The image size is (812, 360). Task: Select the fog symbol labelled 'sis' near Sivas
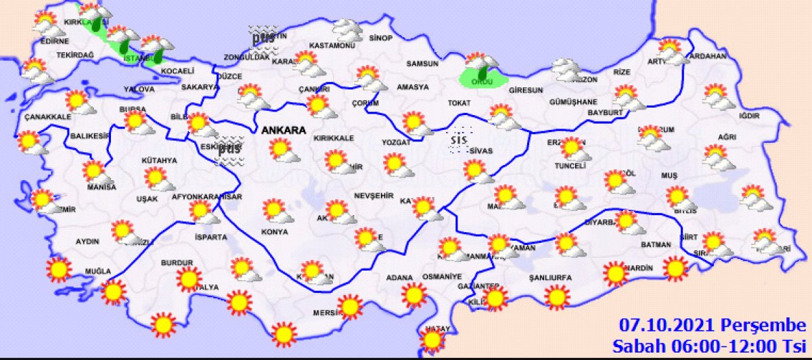[460, 138]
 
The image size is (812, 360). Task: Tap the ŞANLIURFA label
[550, 277]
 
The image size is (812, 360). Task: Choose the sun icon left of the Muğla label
[60, 269]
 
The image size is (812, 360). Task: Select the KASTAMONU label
[332, 45]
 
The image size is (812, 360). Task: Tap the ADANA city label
[399, 277]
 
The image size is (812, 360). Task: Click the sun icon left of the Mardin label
[615, 273]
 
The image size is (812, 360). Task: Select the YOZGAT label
[396, 143]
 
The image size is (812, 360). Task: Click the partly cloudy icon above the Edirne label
[47, 24]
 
